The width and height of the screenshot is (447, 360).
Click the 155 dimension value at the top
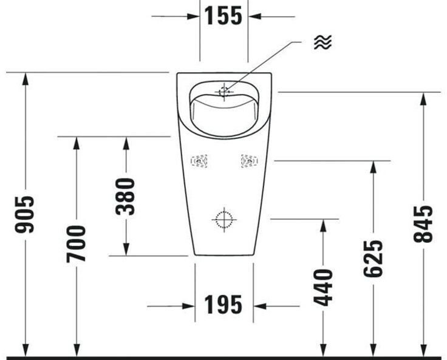coord(223,16)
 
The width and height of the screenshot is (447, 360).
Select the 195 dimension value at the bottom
coord(223,304)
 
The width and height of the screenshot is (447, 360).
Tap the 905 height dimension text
coord(24,214)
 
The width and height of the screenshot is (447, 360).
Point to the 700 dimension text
coord(76,244)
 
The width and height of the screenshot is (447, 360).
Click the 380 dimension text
coord(126,196)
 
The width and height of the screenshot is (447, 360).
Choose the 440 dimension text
coord(323,287)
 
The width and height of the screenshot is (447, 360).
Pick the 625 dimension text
coord(373,259)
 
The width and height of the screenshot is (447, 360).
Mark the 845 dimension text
coord(423,224)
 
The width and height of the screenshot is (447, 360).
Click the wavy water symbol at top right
coord(323,42)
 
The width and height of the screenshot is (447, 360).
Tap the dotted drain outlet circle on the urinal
coord(224,220)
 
